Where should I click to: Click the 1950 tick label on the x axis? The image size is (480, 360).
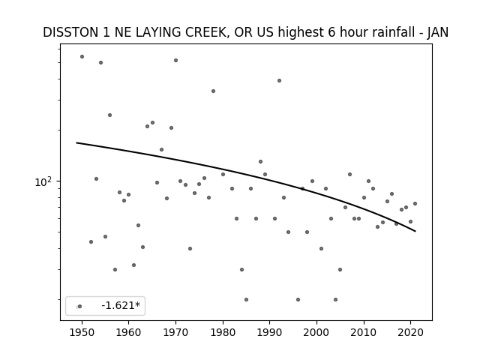(x=82, y=332)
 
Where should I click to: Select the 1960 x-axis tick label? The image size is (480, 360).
(x=128, y=332)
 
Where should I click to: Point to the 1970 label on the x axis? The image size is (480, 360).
(x=175, y=332)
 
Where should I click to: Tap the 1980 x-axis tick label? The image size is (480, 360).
(x=223, y=332)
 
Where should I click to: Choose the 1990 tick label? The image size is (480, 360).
(x=270, y=332)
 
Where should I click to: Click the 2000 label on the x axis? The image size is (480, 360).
(x=316, y=332)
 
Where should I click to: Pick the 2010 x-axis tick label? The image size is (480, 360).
(x=364, y=332)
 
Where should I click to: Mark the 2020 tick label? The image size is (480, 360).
(x=411, y=332)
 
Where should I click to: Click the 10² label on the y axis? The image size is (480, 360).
(x=43, y=182)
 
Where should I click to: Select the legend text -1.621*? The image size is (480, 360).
(x=121, y=305)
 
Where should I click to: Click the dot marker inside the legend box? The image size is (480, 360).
(x=79, y=307)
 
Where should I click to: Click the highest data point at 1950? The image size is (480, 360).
(x=82, y=57)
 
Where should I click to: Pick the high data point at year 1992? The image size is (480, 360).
(x=279, y=80)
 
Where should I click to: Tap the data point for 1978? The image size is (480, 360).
(x=213, y=91)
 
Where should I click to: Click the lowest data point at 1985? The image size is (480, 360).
(x=247, y=299)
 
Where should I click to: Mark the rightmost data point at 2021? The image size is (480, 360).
(x=415, y=203)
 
